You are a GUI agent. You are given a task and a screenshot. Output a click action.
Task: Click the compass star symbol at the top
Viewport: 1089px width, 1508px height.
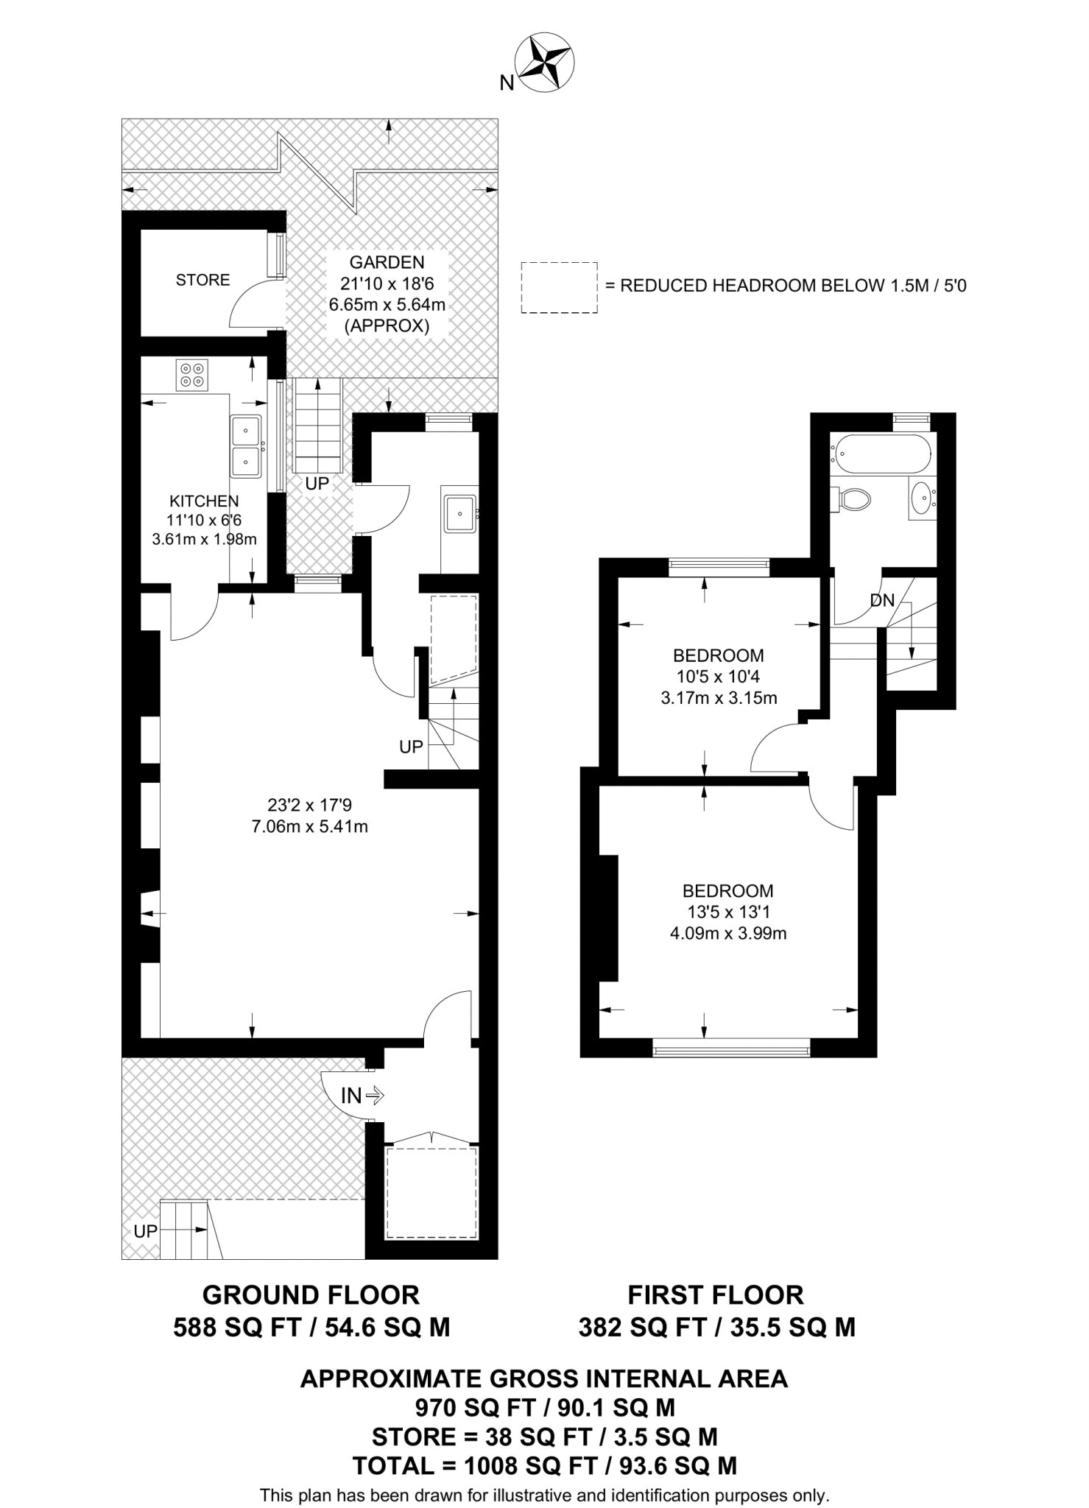(x=546, y=63)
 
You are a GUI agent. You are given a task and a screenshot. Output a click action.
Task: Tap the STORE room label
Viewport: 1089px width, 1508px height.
(x=202, y=280)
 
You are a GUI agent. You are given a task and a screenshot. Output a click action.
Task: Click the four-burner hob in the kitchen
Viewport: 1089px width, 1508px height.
(x=191, y=375)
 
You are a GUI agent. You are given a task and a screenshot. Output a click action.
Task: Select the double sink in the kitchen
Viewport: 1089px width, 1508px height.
(x=245, y=445)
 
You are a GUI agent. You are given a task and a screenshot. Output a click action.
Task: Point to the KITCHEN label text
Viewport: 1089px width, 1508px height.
(x=204, y=501)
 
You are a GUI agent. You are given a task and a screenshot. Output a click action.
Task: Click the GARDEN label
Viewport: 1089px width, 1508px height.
(x=387, y=262)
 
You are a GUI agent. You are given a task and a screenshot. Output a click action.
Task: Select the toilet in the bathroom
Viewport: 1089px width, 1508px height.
(x=853, y=500)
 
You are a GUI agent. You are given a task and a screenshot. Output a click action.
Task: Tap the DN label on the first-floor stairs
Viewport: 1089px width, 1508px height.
(x=882, y=601)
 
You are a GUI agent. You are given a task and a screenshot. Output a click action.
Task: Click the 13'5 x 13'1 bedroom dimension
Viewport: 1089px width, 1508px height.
(x=727, y=912)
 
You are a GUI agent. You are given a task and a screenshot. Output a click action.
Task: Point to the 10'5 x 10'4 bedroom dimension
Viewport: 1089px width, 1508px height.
(x=719, y=676)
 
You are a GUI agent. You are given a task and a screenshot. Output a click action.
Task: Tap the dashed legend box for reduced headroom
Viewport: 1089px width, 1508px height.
(x=559, y=288)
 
